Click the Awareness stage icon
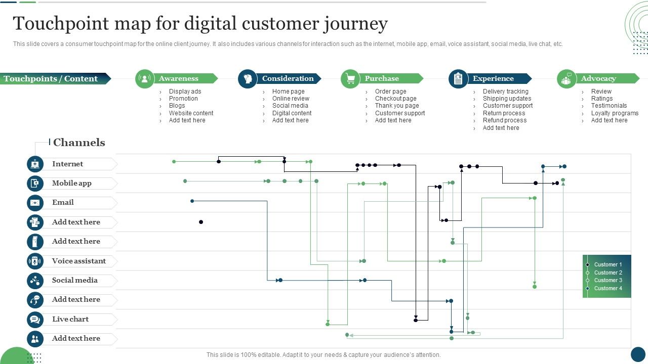pos(145,79)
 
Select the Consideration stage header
pos(288,78)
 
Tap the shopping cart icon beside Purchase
pos(350,79)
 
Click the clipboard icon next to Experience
pos(458,79)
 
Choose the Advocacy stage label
pos(598,78)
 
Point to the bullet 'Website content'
pos(191,113)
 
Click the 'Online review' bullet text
pos(291,99)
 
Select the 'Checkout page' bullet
pos(395,99)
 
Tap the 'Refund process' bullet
pos(504,120)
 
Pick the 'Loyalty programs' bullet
pos(615,113)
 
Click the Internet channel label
pos(67,164)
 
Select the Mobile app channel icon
pos(35,183)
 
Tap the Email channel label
pos(63,202)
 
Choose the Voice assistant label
pos(79,261)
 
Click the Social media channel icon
pos(35,281)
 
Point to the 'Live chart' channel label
pos(70,319)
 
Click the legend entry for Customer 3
pos(607,280)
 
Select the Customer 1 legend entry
pos(607,264)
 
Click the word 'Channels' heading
pos(79,143)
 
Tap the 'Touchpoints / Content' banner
pos(51,78)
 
